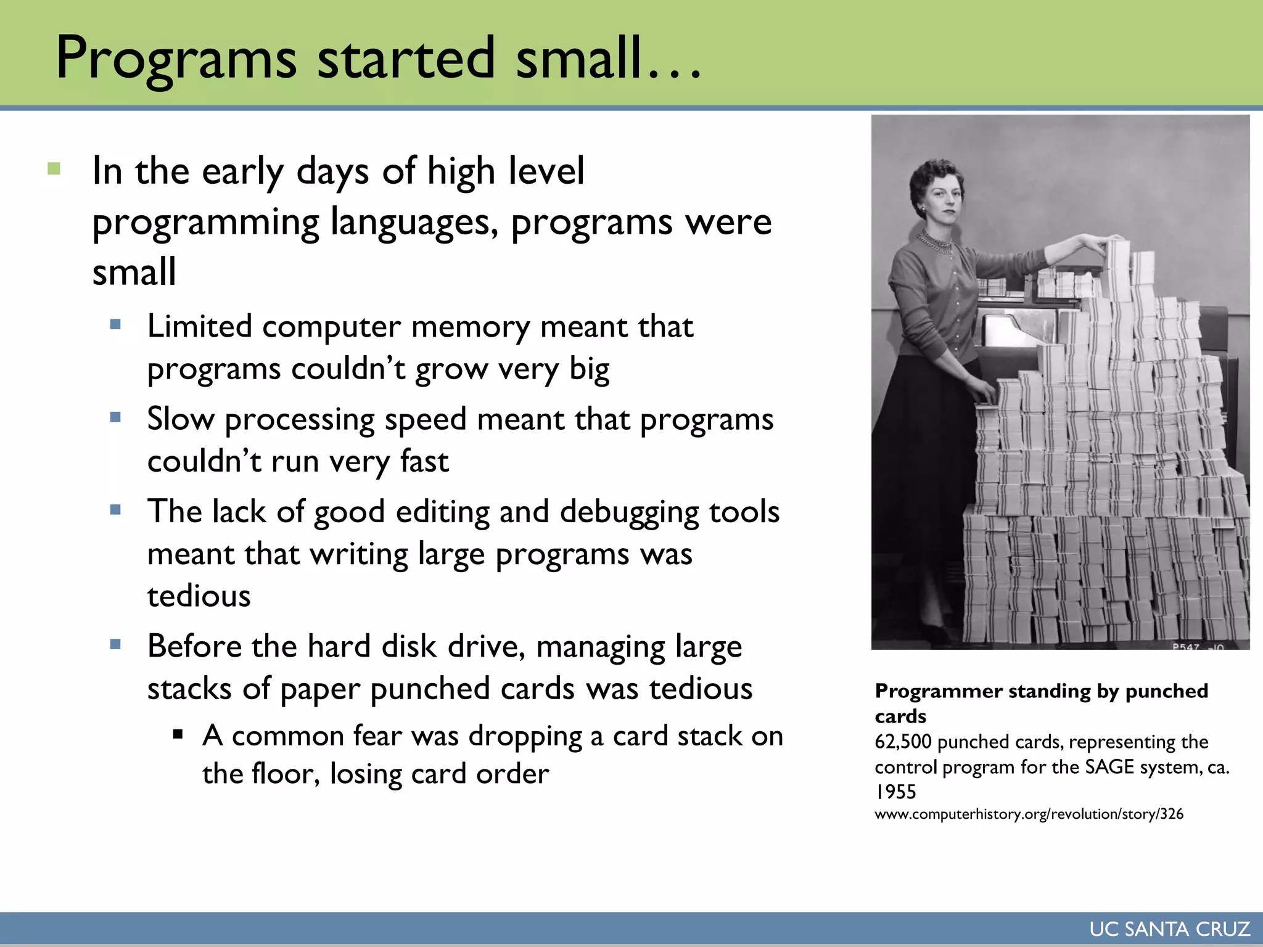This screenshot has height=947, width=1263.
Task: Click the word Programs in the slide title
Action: [x=176, y=59]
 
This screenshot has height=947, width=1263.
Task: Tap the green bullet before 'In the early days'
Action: [x=54, y=168]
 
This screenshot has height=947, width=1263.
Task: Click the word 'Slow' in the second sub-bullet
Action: [x=180, y=419]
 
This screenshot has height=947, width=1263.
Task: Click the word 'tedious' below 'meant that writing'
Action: [x=199, y=596]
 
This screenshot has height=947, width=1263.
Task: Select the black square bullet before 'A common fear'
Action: [x=178, y=734]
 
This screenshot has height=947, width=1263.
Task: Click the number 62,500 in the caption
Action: [x=902, y=742]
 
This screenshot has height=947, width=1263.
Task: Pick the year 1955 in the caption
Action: [x=895, y=792]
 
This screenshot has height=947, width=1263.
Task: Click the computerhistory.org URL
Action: [x=1029, y=814]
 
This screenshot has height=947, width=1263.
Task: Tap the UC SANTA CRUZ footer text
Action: [x=1169, y=929]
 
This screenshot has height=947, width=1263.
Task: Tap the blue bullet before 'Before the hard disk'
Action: [x=115, y=645]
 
